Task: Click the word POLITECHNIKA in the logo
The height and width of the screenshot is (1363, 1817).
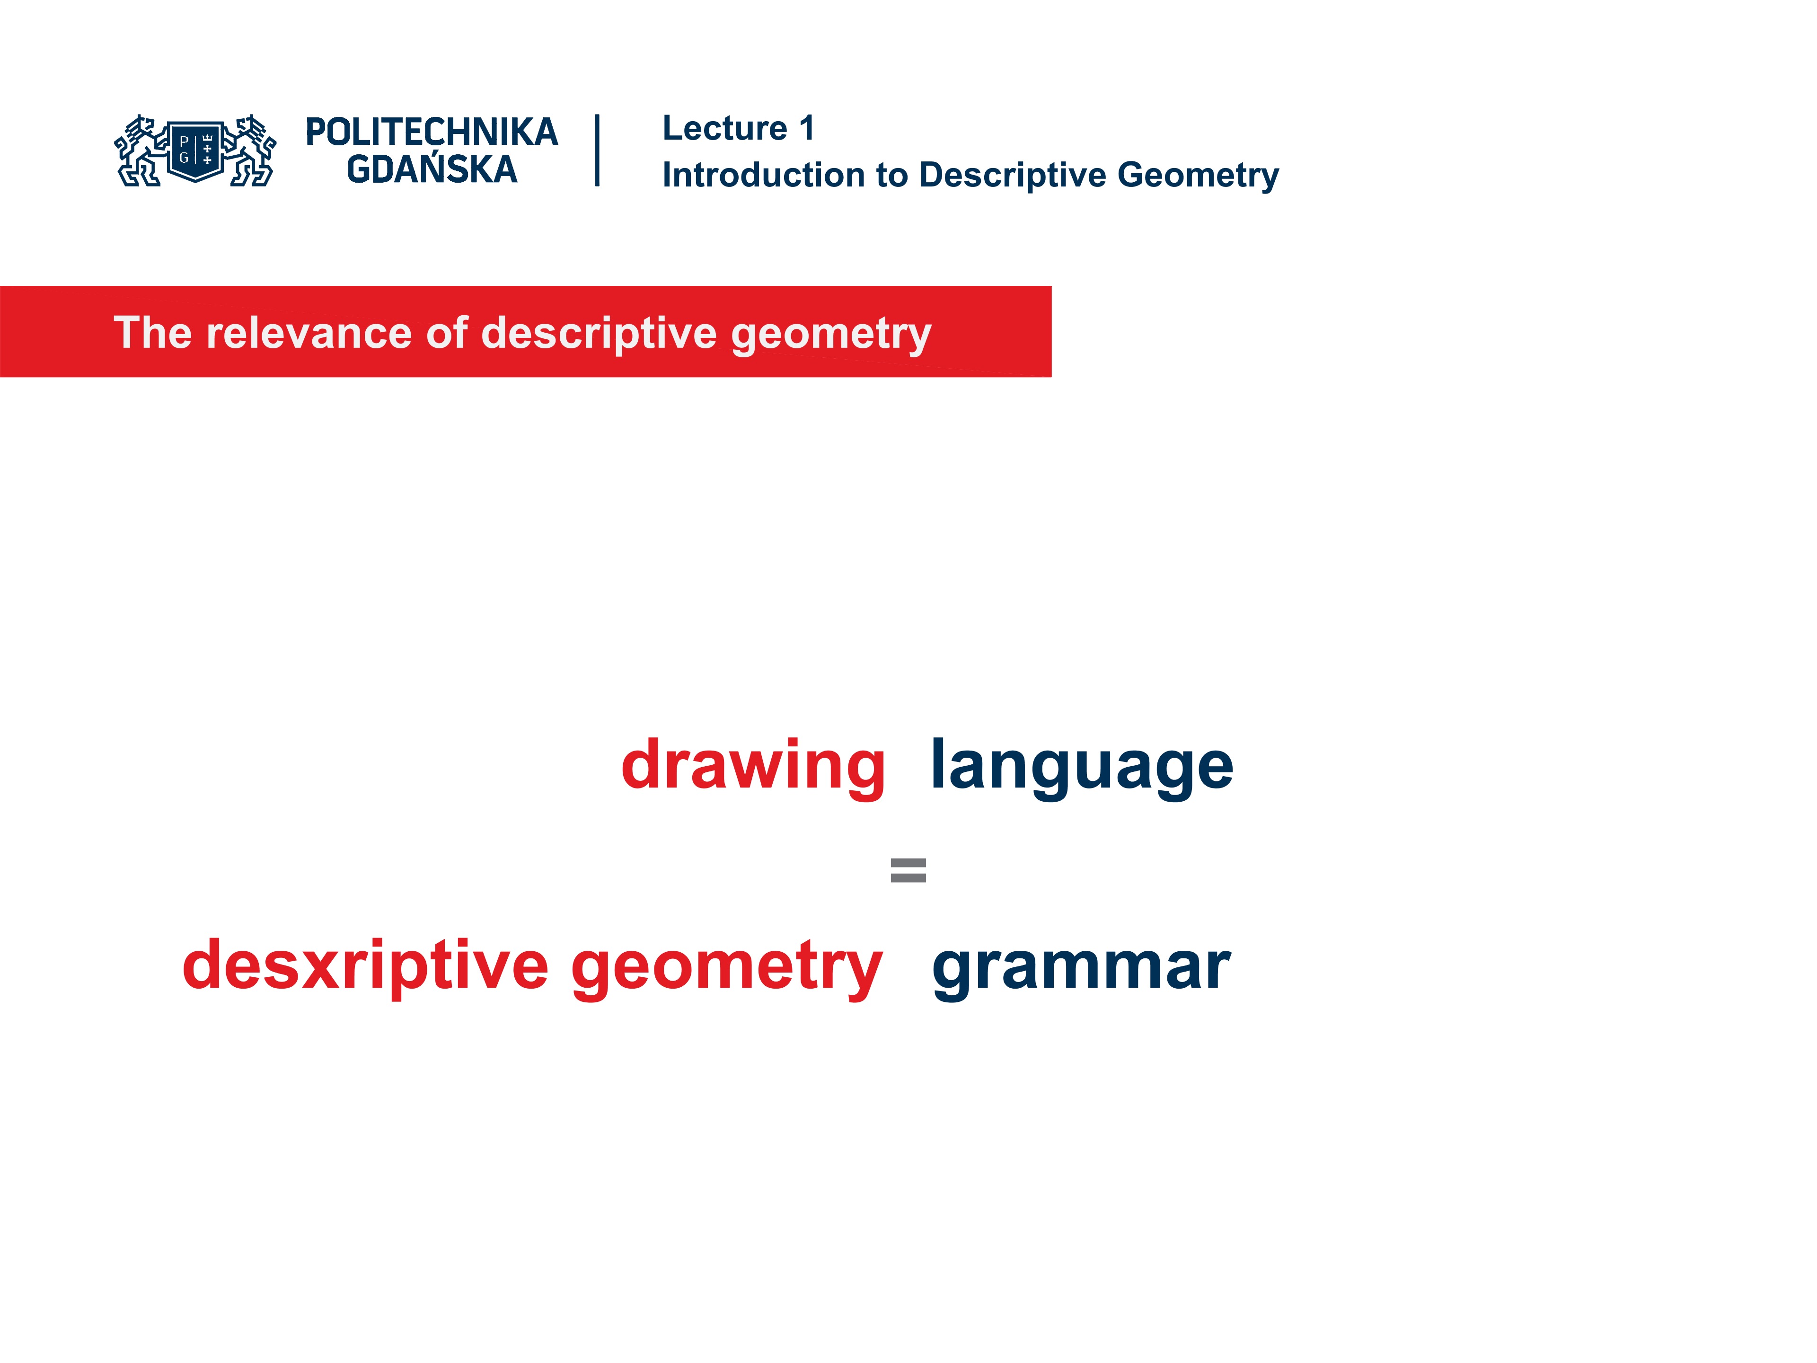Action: point(431,132)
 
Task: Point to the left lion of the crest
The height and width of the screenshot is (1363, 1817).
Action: point(139,151)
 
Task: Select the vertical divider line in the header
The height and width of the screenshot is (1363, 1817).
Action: point(597,150)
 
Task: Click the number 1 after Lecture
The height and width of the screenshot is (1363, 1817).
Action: point(807,128)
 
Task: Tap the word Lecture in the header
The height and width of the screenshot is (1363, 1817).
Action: point(724,128)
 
